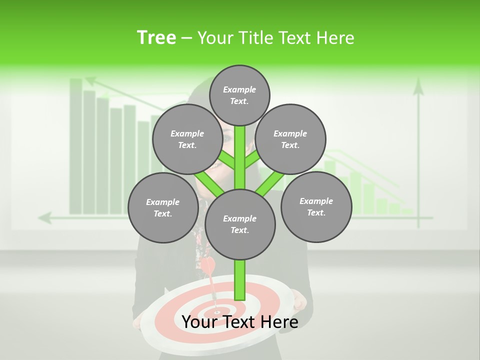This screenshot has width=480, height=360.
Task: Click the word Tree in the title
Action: click(x=156, y=38)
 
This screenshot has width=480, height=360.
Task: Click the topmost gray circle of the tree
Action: click(x=239, y=95)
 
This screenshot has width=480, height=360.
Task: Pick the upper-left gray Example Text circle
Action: click(x=187, y=139)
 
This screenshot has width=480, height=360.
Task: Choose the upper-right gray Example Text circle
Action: click(x=290, y=139)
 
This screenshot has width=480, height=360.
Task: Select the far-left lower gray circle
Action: click(x=163, y=207)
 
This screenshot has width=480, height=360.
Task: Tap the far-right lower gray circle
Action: click(x=316, y=206)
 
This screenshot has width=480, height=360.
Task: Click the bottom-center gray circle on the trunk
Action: click(x=240, y=224)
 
